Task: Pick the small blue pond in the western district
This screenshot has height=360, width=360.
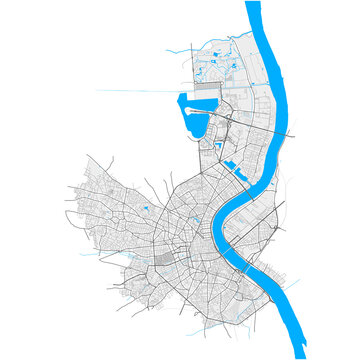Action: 146,208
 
